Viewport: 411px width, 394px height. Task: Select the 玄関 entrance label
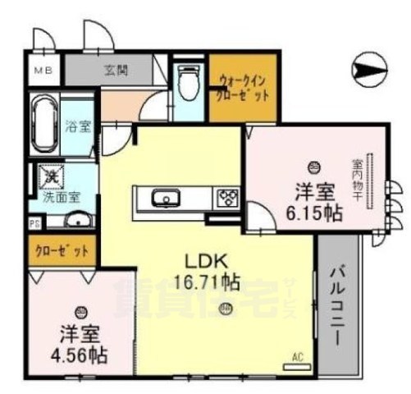tap(115, 71)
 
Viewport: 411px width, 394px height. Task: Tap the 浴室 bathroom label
tap(78, 128)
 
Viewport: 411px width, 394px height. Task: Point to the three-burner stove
tap(226, 198)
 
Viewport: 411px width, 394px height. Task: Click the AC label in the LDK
tap(299, 357)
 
